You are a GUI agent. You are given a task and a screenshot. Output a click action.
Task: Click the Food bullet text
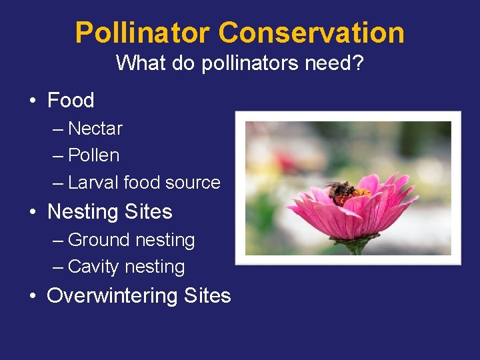(71, 101)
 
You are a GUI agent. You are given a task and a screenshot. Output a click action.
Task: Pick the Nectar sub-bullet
(95, 128)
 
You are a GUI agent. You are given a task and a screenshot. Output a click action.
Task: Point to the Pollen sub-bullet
(94, 155)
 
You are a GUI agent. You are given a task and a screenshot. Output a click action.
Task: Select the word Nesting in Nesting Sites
(83, 212)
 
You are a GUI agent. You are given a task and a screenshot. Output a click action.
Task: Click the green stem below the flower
(355, 247)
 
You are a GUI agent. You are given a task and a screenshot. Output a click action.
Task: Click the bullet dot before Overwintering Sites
(33, 296)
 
